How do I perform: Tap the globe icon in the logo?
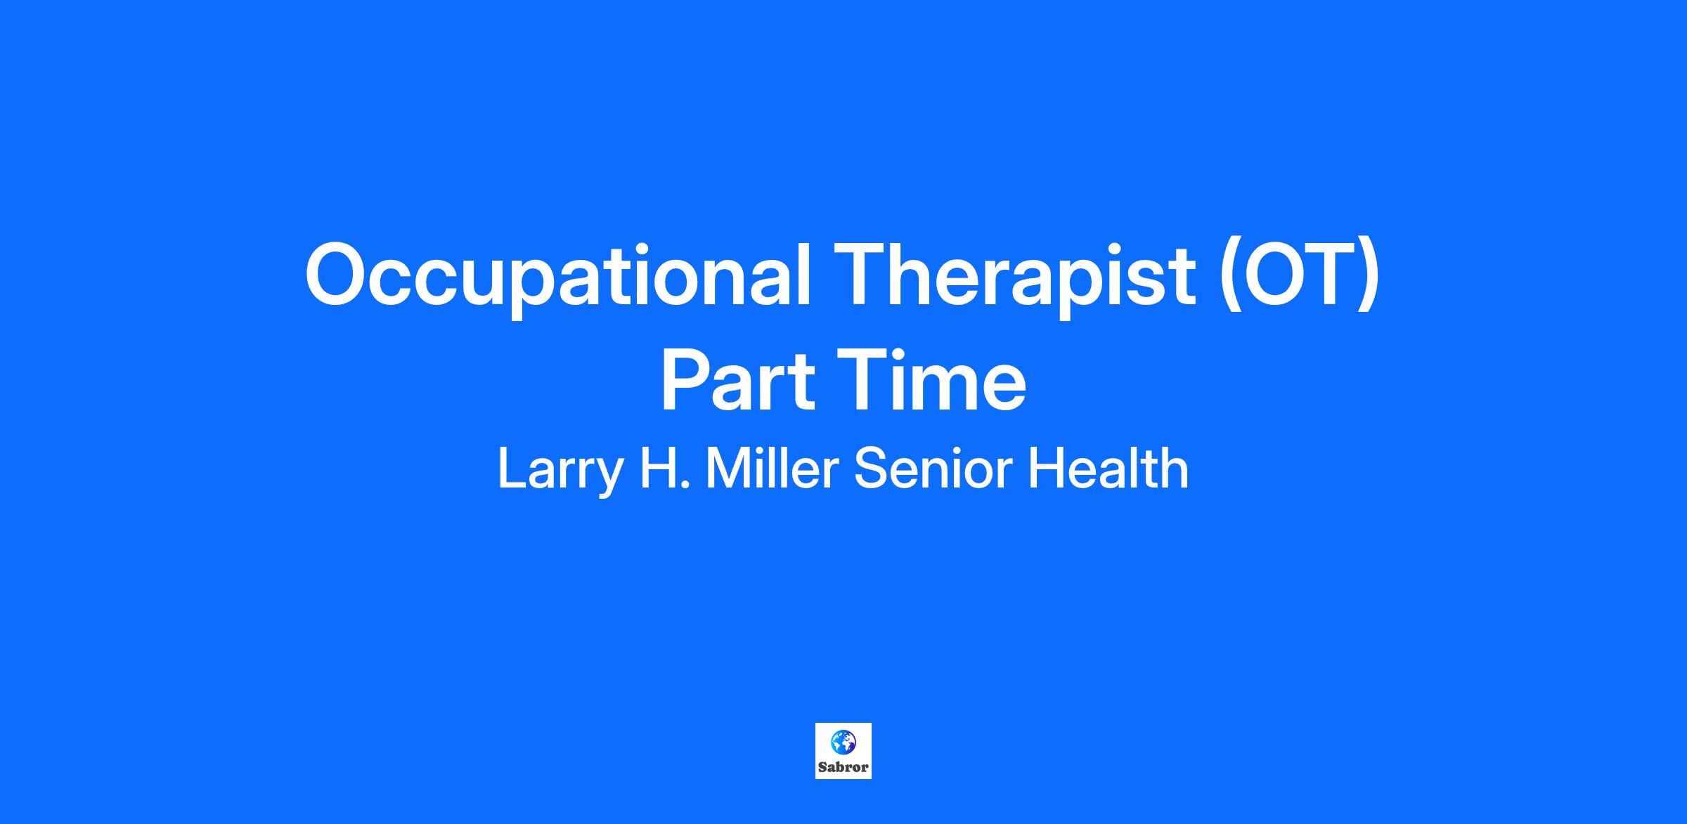coord(843,743)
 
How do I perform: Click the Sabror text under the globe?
coord(843,768)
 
